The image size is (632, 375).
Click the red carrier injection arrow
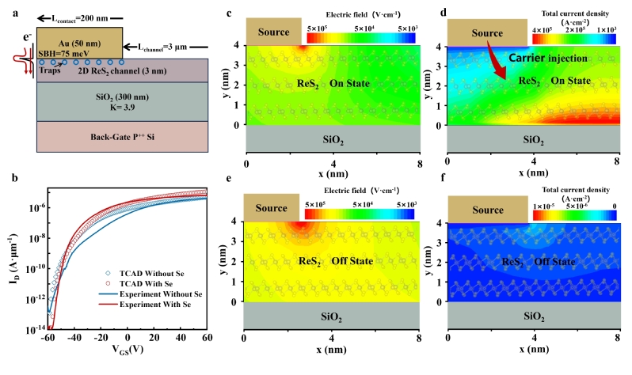click(493, 64)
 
